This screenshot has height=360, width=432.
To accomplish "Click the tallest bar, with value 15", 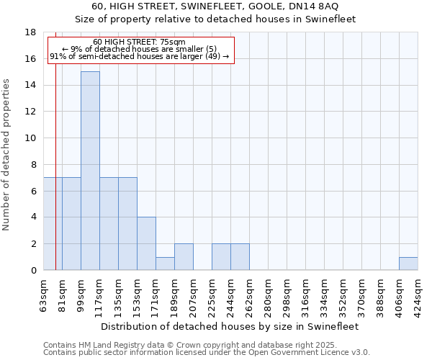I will click(90, 171).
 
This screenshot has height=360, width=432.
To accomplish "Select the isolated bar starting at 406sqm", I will click(408, 264).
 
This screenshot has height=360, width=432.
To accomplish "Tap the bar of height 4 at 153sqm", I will click(146, 243).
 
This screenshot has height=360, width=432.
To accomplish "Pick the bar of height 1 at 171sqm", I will click(165, 264).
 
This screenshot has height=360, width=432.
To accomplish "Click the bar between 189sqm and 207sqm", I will click(184, 257).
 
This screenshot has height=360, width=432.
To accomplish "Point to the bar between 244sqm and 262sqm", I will click(240, 257).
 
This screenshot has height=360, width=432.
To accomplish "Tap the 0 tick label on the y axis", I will click(33, 271).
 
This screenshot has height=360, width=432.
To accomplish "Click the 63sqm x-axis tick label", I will click(44, 294).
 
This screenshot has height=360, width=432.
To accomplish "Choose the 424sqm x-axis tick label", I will click(418, 294).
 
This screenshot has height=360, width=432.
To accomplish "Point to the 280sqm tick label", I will click(268, 294).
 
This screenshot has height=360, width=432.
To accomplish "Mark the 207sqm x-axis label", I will click(193, 294).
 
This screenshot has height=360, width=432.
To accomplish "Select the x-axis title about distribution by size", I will click(230, 326).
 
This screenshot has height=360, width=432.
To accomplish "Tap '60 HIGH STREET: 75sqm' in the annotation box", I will click(139, 42).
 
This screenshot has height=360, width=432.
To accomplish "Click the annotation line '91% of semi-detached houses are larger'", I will click(139, 56).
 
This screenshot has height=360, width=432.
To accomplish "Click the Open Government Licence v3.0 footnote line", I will click(207, 353).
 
